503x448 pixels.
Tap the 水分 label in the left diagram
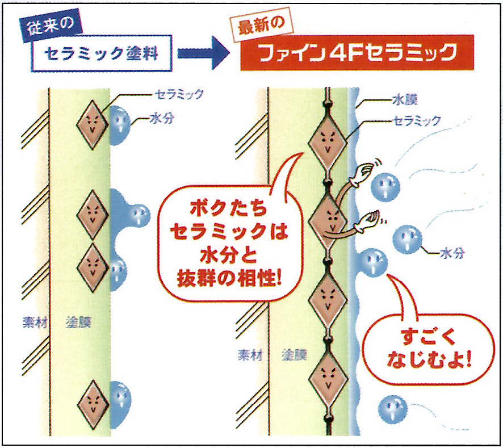click(x=160, y=120)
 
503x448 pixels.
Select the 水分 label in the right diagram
click(x=452, y=253)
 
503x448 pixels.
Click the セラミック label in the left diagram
click(x=179, y=94)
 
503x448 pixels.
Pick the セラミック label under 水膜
click(x=417, y=120)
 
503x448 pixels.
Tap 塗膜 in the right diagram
click(x=294, y=355)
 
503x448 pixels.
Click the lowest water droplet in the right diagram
click(x=392, y=408)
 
